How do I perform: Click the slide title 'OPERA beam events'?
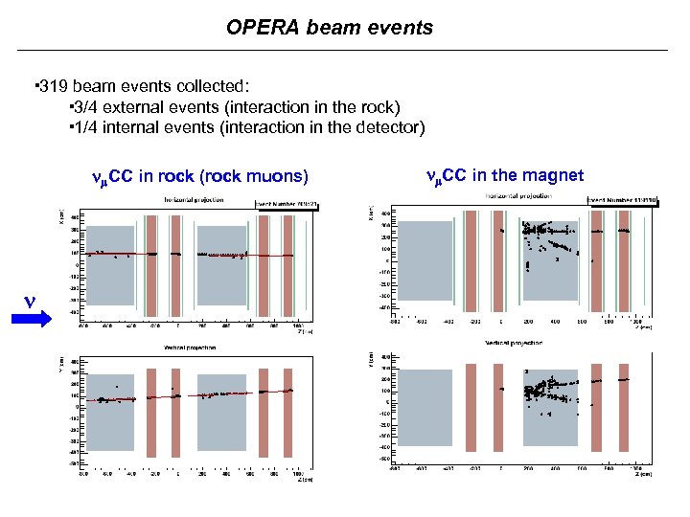330,28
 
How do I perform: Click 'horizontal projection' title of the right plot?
518,195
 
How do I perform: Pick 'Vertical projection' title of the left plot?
190,348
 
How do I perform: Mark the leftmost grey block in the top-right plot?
423,260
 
